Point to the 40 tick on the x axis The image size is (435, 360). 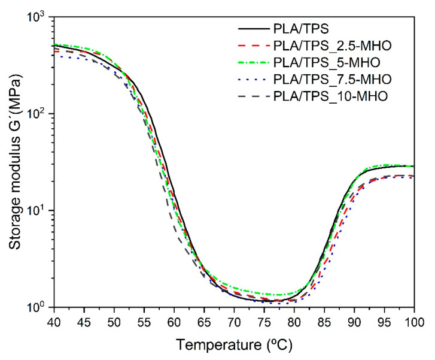tap(54, 322)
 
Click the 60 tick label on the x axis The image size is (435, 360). tap(174, 322)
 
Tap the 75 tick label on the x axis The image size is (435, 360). tap(264, 322)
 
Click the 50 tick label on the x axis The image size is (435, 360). tap(114, 322)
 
